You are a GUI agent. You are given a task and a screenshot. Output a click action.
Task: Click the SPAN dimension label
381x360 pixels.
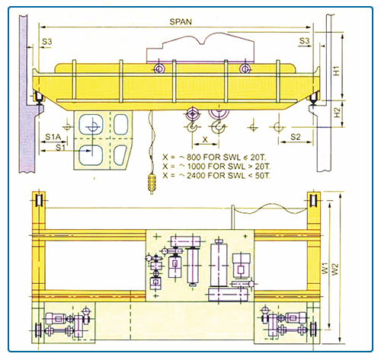pos(181,21)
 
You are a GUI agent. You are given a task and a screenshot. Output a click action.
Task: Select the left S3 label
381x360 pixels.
pos(47,41)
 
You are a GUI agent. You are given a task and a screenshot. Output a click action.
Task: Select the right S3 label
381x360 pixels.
pos(304,40)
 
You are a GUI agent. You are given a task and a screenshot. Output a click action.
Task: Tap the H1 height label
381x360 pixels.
pos(336,71)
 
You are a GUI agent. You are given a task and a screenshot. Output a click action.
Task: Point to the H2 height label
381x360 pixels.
pos(337,113)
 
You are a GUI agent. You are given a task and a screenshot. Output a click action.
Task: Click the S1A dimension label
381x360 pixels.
pos(53,137)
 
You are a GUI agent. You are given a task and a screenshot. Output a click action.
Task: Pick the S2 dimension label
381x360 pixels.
pos(296,137)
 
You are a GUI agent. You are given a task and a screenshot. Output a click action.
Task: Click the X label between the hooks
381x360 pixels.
pos(205,139)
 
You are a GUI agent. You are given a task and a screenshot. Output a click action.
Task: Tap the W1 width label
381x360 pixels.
pos(325,269)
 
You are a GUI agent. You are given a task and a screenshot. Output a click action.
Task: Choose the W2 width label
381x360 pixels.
pos(335,269)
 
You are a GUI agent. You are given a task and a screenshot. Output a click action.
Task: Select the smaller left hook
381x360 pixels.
pos(192,126)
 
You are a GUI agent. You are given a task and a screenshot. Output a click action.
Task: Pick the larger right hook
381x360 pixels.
pos(219,127)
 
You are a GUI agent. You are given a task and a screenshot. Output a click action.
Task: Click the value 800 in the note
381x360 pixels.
pos(194,158)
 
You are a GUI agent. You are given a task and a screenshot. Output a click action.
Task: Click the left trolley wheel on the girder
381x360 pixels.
pos(159,68)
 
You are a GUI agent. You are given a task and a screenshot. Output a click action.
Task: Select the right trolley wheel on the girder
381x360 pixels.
pos(245,68)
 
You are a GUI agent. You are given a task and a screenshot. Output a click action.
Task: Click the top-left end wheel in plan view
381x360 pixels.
pos(39,201)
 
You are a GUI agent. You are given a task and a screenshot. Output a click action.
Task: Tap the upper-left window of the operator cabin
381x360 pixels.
pos(91,124)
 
